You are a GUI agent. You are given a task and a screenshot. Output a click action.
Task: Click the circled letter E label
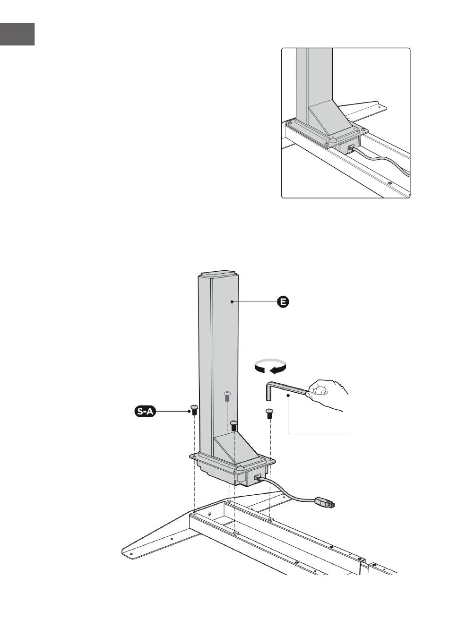(283, 301)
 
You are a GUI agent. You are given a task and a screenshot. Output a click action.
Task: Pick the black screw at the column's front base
(234, 425)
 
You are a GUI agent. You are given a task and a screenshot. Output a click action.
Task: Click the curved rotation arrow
(270, 367)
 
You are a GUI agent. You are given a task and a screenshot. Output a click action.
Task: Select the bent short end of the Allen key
(266, 392)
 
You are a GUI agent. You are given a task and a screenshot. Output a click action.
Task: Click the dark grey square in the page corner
(17, 34)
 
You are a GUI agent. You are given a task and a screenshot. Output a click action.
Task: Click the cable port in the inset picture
(350, 148)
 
